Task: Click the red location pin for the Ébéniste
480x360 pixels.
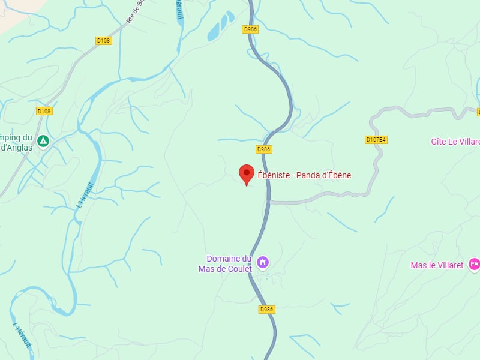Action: tap(246, 173)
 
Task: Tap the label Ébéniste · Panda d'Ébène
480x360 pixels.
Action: tap(304, 175)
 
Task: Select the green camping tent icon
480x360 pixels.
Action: tap(43, 142)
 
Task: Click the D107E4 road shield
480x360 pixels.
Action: tap(376, 140)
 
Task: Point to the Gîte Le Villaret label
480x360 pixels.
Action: tap(455, 142)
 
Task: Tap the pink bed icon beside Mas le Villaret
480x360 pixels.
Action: tap(474, 264)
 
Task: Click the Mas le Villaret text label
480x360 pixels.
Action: tap(437, 265)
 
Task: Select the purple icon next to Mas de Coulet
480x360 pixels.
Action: tap(262, 262)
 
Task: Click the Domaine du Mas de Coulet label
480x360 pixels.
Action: tap(226, 264)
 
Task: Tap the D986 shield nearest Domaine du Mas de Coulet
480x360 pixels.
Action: tap(267, 310)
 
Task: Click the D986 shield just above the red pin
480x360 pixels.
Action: tap(263, 149)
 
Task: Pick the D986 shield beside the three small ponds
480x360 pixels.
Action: tap(250, 29)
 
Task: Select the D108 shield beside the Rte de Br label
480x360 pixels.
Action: tap(104, 41)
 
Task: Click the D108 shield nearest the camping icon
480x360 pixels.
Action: tap(44, 111)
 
